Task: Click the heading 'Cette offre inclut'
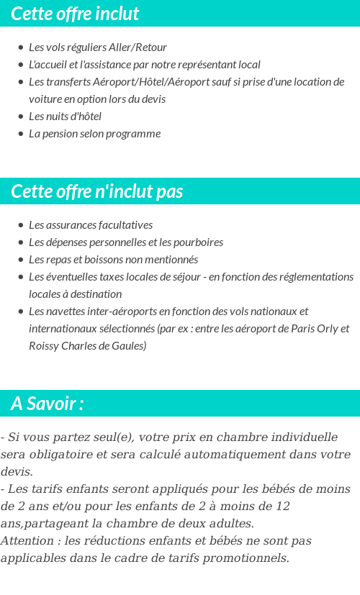[x=75, y=14]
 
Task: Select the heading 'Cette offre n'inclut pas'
[x=97, y=191]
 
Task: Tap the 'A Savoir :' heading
[x=48, y=404]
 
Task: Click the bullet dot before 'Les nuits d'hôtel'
[x=21, y=117]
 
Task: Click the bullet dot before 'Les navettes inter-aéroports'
[x=21, y=312]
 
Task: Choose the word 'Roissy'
[x=44, y=346]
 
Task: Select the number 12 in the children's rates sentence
[x=282, y=507]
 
